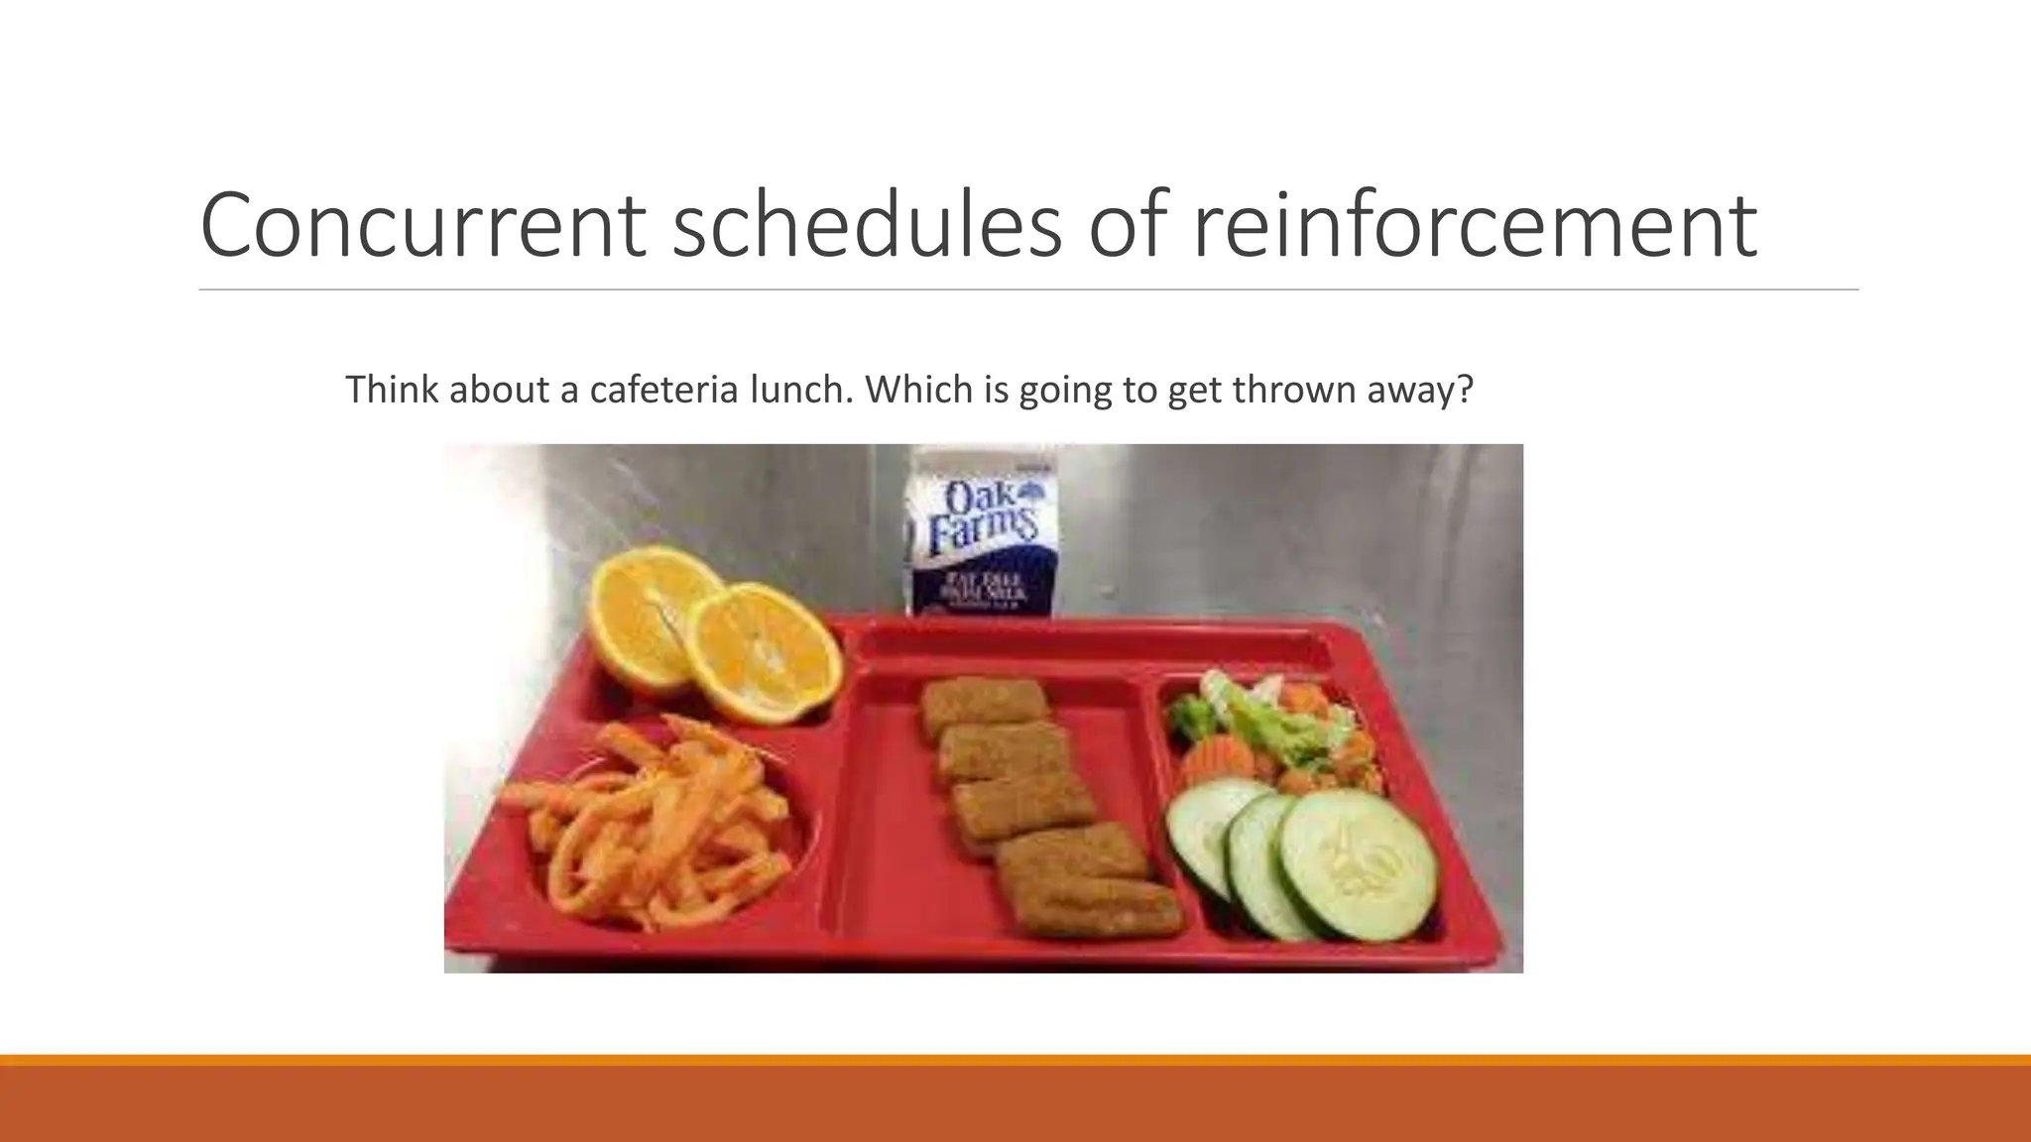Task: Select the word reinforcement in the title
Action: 1474,225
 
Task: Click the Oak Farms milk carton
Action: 981,535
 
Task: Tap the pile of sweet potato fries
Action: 650,823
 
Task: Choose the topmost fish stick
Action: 982,706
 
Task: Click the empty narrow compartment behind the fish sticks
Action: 1091,649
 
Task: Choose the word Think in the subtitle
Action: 392,390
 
